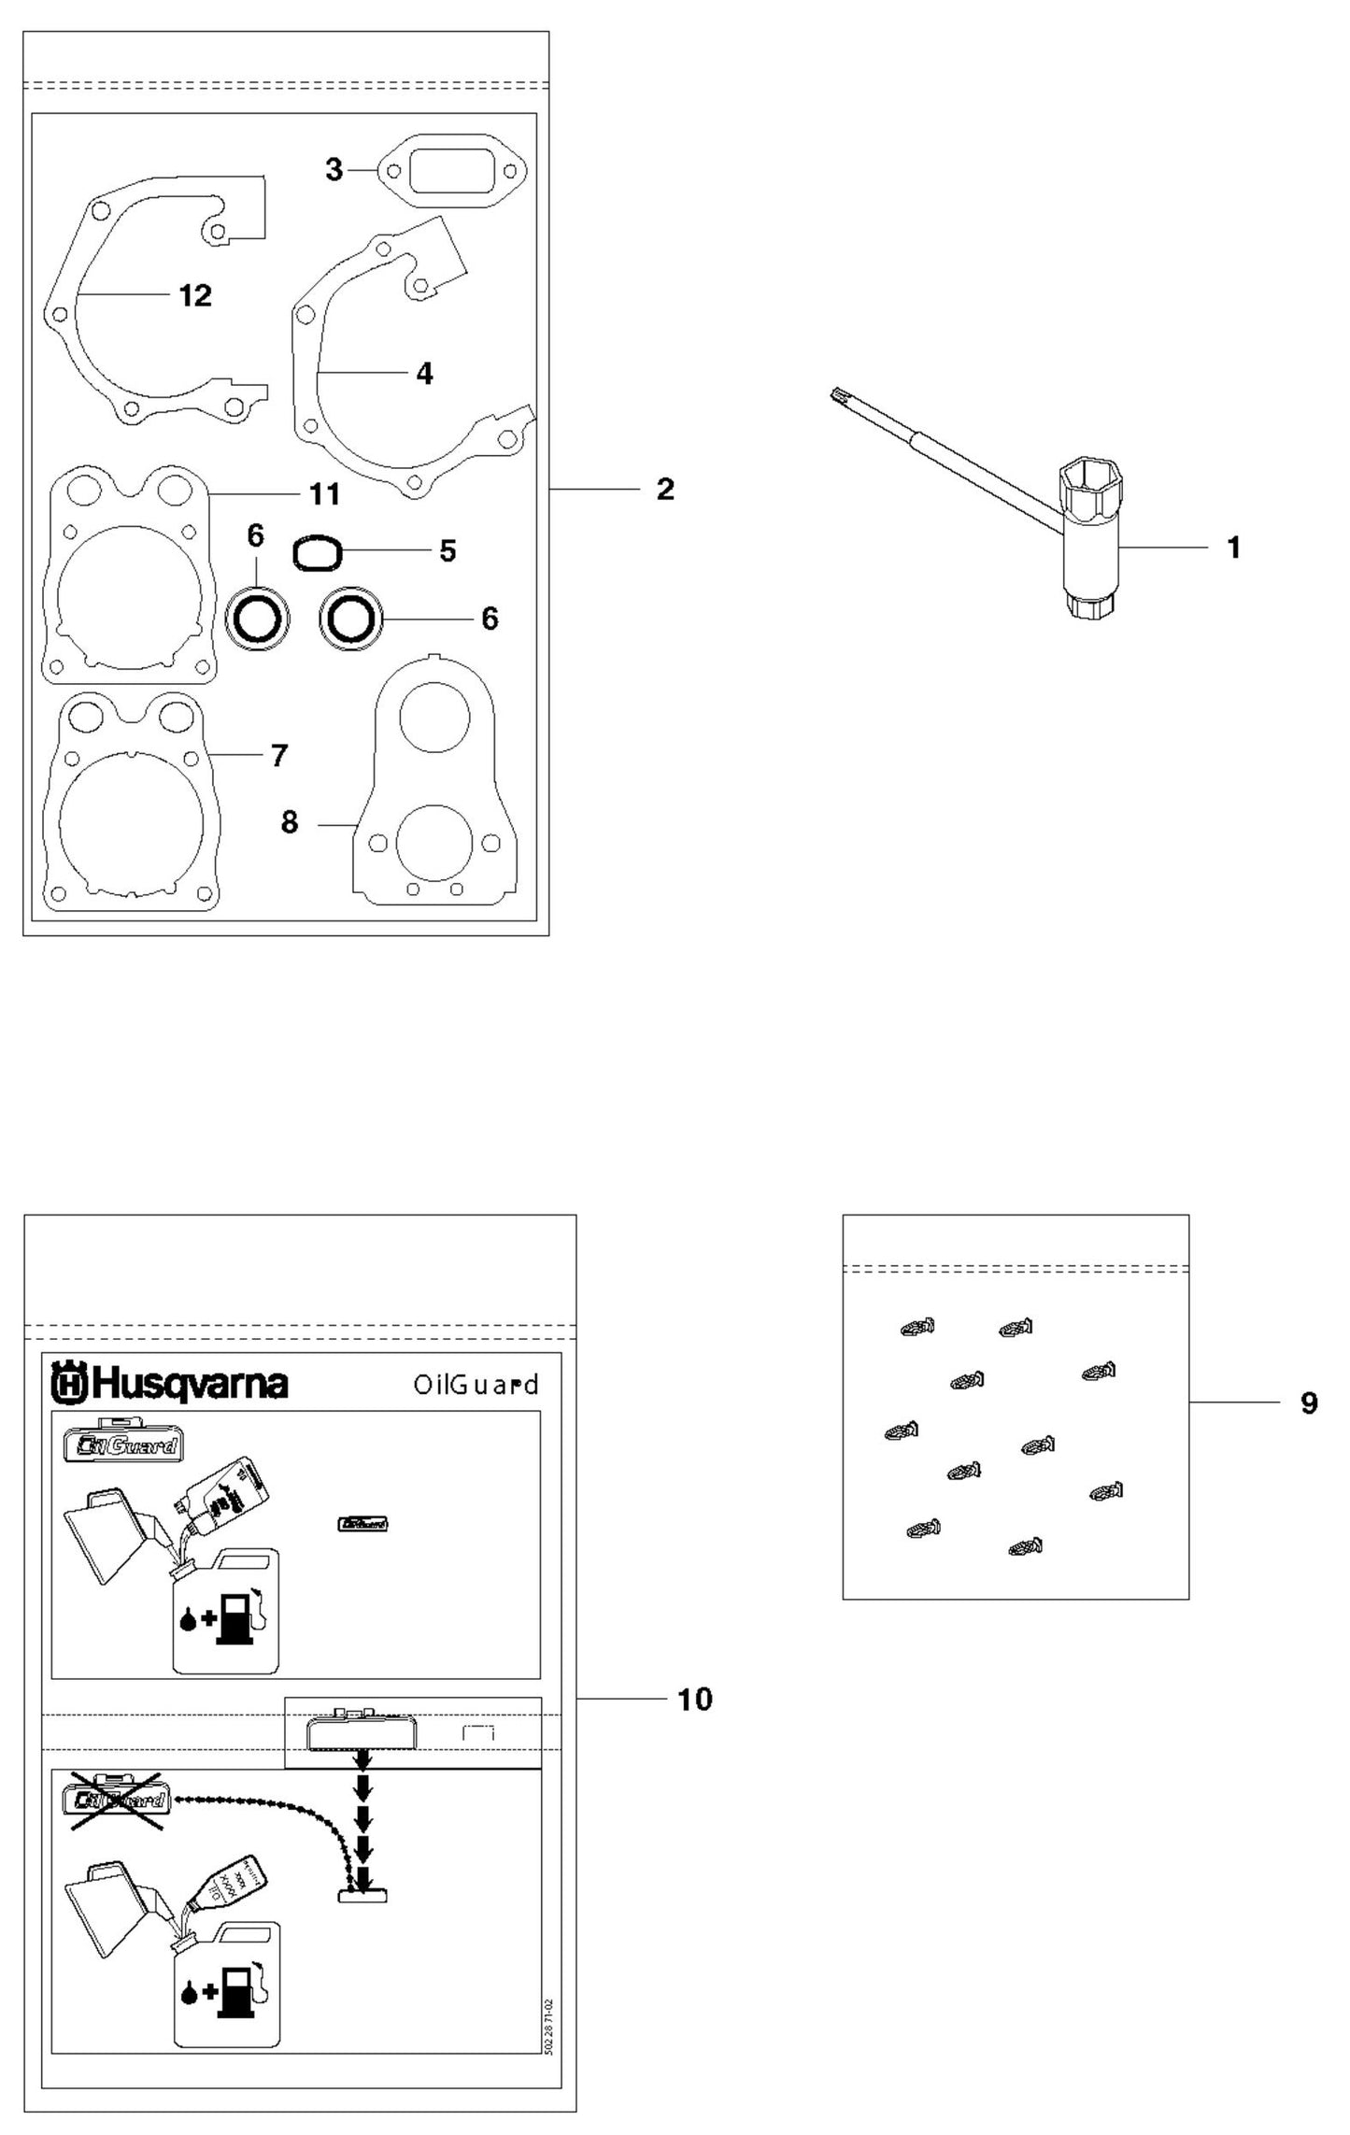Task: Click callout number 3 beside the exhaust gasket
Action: tap(334, 170)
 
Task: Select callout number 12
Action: tap(195, 295)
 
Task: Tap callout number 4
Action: tap(424, 373)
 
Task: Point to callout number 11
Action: tap(324, 492)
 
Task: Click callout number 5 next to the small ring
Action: tap(448, 550)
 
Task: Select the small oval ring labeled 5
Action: tap(319, 552)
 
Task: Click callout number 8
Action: tap(290, 822)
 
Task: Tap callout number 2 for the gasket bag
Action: tap(664, 489)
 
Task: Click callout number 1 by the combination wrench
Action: tap(1233, 548)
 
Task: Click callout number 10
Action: tap(694, 1698)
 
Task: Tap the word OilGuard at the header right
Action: tap(476, 1385)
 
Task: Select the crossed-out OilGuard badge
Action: tap(116, 1799)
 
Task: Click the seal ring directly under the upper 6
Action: tap(256, 618)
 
